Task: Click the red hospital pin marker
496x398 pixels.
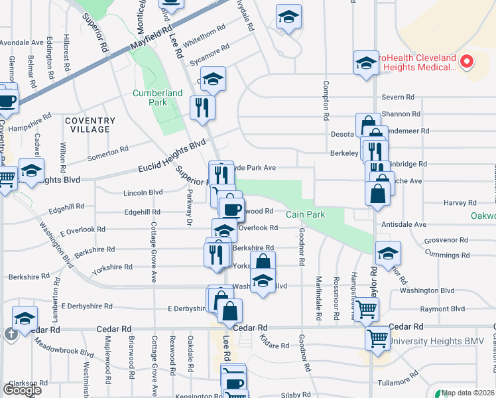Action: (x=466, y=62)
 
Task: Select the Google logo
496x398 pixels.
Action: (x=22, y=390)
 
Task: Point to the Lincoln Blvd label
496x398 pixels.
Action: (x=143, y=192)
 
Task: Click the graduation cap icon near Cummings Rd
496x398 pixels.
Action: (x=388, y=253)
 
